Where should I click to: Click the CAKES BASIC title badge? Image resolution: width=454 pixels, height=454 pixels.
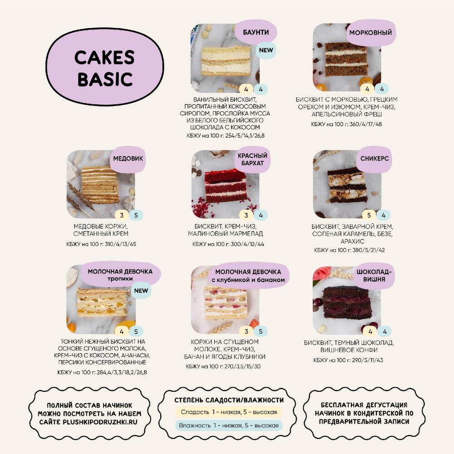pyautogui.click(x=105, y=67)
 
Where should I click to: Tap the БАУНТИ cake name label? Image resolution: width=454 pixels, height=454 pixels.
pyautogui.click(x=256, y=32)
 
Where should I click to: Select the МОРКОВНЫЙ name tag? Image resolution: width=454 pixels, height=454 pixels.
pyautogui.click(x=370, y=32)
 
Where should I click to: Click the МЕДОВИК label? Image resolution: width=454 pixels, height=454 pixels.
pyautogui.click(x=128, y=158)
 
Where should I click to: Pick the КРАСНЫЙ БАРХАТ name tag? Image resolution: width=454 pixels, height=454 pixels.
pyautogui.click(x=252, y=159)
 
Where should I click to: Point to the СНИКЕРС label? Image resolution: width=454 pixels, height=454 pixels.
pyautogui.click(x=375, y=158)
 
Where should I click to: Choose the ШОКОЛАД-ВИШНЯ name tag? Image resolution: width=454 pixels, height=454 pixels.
pyautogui.click(x=374, y=276)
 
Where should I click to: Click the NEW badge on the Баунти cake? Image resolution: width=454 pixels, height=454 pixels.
pyautogui.click(x=266, y=50)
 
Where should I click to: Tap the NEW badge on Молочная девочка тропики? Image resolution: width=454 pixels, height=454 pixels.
pyautogui.click(x=141, y=291)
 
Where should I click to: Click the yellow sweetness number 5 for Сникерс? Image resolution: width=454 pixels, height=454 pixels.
pyautogui.click(x=369, y=215)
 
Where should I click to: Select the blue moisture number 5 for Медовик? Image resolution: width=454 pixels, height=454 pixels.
pyautogui.click(x=136, y=215)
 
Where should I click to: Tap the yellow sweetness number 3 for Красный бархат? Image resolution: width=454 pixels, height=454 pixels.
pyautogui.click(x=246, y=215)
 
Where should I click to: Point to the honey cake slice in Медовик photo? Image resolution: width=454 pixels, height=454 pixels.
pyautogui.click(x=100, y=185)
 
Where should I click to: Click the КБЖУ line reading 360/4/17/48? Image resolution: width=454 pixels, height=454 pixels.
pyautogui.click(x=346, y=124)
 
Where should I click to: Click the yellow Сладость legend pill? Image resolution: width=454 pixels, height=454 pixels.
pyautogui.click(x=229, y=412)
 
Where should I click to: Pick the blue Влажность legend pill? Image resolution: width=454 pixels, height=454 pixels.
pyautogui.click(x=229, y=425)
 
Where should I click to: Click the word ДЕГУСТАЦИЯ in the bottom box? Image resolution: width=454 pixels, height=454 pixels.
pyautogui.click(x=386, y=405)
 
